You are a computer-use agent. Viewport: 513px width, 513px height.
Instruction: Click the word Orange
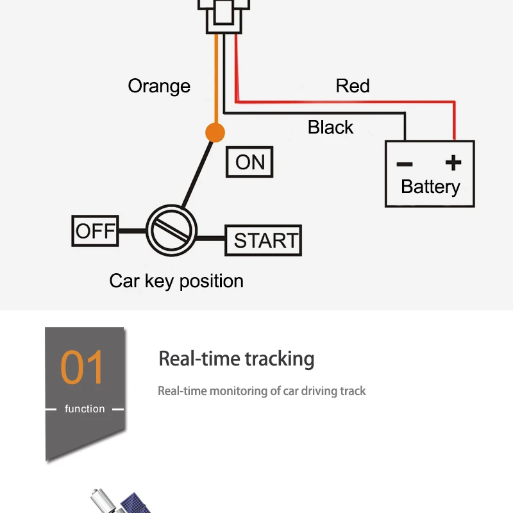point(159,86)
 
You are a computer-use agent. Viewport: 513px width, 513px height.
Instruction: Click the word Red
point(353,86)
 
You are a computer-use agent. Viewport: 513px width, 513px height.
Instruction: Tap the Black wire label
point(330,127)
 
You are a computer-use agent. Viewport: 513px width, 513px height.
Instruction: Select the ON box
point(249,162)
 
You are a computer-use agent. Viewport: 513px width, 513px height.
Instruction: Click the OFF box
point(95,231)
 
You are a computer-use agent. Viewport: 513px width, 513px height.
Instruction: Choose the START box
point(263,240)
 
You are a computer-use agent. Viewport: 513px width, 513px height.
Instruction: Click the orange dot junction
point(215,133)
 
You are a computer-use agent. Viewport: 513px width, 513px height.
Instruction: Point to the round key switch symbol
point(172,230)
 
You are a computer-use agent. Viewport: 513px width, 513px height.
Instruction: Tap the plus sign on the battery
point(453,162)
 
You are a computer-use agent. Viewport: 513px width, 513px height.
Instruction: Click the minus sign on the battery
point(405,164)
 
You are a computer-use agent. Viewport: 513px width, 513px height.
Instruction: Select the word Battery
point(430,187)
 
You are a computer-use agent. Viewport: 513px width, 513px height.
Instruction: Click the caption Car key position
point(176,281)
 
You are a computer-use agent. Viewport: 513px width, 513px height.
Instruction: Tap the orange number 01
point(82,367)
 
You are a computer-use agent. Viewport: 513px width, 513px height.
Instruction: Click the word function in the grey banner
point(85,408)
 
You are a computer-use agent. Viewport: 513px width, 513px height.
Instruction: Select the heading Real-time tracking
point(237,358)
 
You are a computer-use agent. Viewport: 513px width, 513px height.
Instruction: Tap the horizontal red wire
point(346,101)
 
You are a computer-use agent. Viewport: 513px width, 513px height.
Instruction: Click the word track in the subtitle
point(354,391)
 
